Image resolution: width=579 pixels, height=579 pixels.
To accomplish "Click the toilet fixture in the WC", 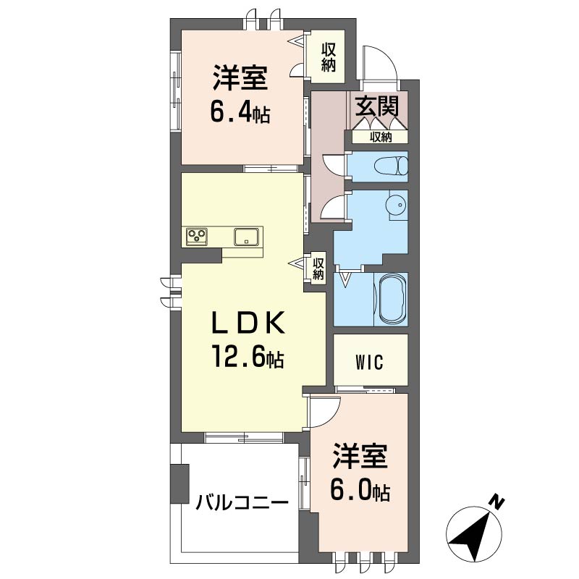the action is coord(391,166).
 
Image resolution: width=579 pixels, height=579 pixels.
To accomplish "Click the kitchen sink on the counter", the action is coord(247,237).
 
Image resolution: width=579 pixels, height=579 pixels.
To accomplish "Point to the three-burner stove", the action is coord(197,237).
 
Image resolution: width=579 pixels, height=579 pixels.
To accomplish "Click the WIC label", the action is coord(369,363).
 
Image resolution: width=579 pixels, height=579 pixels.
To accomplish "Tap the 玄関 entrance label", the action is coord(377,106).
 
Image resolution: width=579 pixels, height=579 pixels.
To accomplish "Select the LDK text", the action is coord(248,323).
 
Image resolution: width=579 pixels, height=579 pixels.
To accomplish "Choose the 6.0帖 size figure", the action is coord(360,490).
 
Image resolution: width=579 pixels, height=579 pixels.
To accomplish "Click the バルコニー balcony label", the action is coord(242,503).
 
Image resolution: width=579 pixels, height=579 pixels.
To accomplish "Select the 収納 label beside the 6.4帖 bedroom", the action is coord(328,57).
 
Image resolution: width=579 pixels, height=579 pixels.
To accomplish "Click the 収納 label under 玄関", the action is coord(381,138).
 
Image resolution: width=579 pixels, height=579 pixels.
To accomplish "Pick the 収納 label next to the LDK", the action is coord(318,269).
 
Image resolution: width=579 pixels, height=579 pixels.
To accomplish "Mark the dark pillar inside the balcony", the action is coord(179,483).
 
